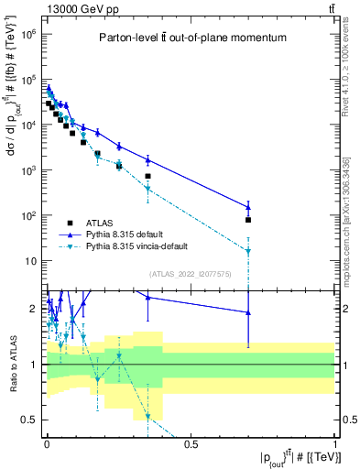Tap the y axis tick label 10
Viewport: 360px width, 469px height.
[x=29, y=261]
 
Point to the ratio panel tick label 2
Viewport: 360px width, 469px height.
[x=33, y=309]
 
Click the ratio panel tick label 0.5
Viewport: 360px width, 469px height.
[x=29, y=420]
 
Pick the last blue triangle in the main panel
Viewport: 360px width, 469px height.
[x=247, y=207]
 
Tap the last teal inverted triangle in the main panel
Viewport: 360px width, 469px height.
[x=247, y=251]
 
